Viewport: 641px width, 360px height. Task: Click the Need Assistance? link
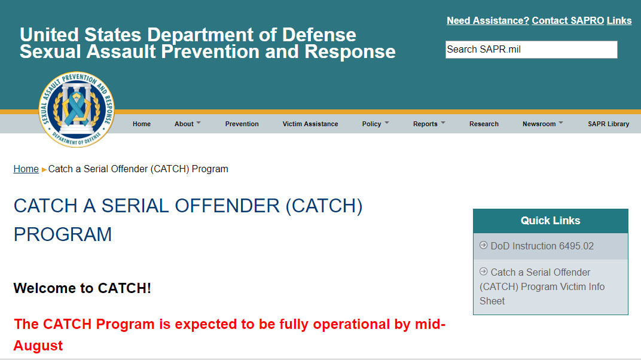(487, 20)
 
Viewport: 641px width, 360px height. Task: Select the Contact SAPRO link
(567, 20)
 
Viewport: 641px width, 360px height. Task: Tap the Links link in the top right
(619, 20)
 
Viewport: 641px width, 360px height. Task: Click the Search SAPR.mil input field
(531, 50)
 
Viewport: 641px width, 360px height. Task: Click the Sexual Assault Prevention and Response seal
(77, 109)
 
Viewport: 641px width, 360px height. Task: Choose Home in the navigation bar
(142, 124)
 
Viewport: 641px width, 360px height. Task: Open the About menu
(187, 124)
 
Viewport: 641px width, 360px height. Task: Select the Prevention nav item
(242, 124)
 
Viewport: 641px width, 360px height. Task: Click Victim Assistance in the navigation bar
(310, 124)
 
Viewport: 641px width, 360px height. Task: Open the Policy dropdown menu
(375, 124)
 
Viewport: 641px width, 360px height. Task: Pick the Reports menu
(429, 124)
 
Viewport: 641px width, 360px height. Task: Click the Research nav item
(484, 124)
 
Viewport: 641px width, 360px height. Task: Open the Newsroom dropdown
(542, 124)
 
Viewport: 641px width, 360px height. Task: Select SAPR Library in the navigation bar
(608, 124)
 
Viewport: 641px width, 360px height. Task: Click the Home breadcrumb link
(26, 169)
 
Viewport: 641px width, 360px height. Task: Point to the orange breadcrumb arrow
(44, 170)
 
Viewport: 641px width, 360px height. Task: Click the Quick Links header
(550, 221)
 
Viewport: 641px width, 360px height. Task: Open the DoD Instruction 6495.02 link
(542, 246)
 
